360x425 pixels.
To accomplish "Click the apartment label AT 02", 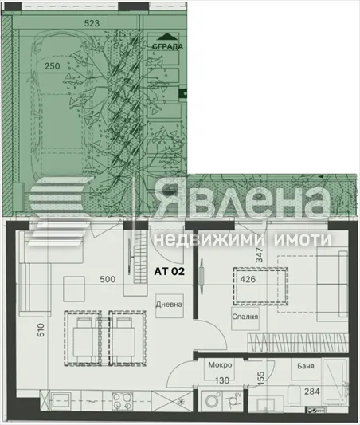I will click(170, 272).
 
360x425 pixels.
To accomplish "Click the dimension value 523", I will click(92, 24).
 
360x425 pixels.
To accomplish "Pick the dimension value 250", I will click(53, 66).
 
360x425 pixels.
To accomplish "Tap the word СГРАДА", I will click(168, 46).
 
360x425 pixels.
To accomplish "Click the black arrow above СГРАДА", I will click(167, 36).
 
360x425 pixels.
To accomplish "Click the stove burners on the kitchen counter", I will click(120, 399).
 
